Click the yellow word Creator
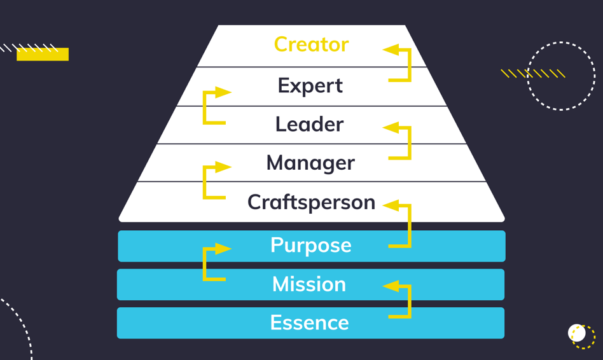311,45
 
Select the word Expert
310,85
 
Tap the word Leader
309,124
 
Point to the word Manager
310,163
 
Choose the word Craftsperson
311,202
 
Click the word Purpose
310,245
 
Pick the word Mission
309,284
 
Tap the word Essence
309,322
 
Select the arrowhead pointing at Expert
223,92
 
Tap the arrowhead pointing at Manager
223,167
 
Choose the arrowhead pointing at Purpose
223,249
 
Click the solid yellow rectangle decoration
43,55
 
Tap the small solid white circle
576,333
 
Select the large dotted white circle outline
561,76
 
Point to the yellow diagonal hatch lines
533,74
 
